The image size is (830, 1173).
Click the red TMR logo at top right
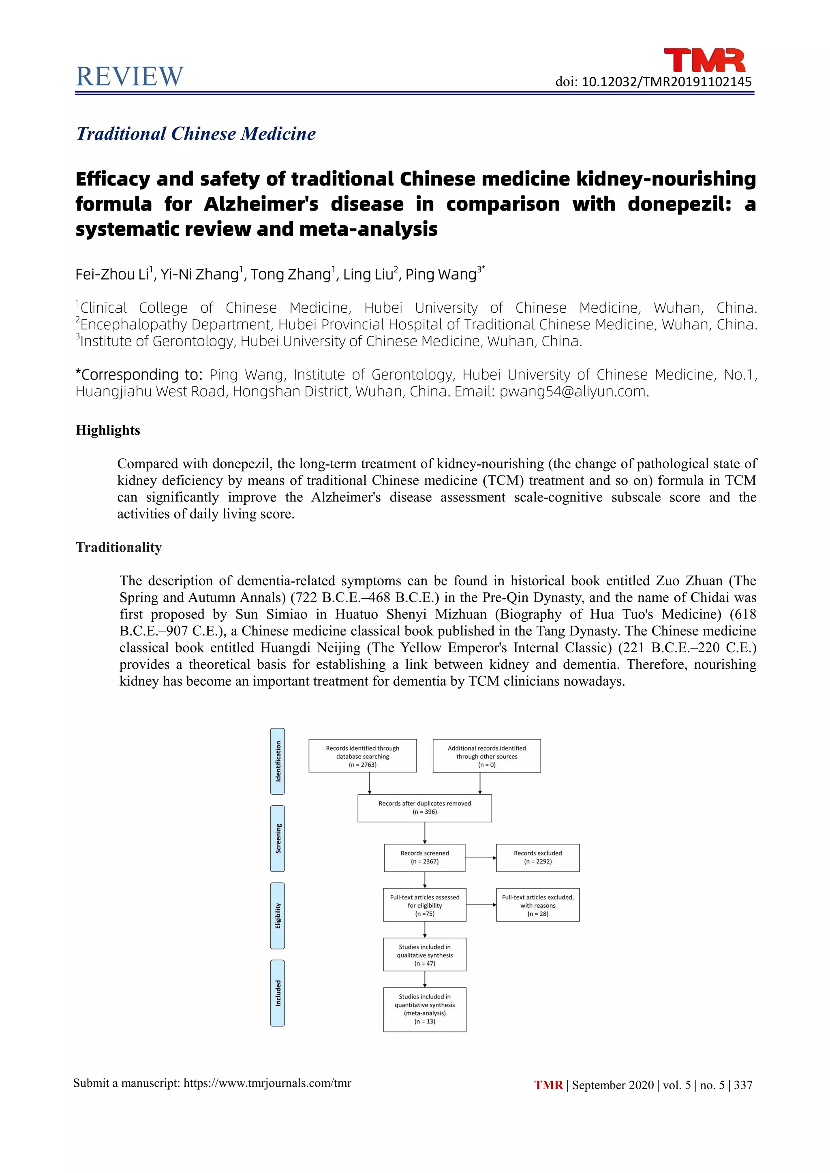(704, 60)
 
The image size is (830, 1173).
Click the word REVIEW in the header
(129, 77)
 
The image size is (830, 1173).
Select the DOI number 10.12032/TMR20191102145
(666, 82)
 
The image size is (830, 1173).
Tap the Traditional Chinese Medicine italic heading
(196, 134)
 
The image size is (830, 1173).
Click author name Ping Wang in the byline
(441, 274)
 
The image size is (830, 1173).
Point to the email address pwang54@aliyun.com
(573, 391)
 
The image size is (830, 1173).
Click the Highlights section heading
(108, 430)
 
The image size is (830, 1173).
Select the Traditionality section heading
(119, 547)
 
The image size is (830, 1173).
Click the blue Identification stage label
(278, 761)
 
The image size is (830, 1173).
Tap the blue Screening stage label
(278, 838)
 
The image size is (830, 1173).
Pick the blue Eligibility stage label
(278, 915)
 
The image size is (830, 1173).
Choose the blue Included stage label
(278, 993)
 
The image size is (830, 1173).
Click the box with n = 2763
(362, 755)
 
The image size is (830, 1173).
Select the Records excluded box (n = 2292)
(538, 857)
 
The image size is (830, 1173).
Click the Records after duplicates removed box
(424, 808)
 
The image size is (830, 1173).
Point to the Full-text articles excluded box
(538, 905)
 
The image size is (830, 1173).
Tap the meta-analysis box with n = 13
(424, 1009)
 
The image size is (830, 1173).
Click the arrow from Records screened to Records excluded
(480, 858)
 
